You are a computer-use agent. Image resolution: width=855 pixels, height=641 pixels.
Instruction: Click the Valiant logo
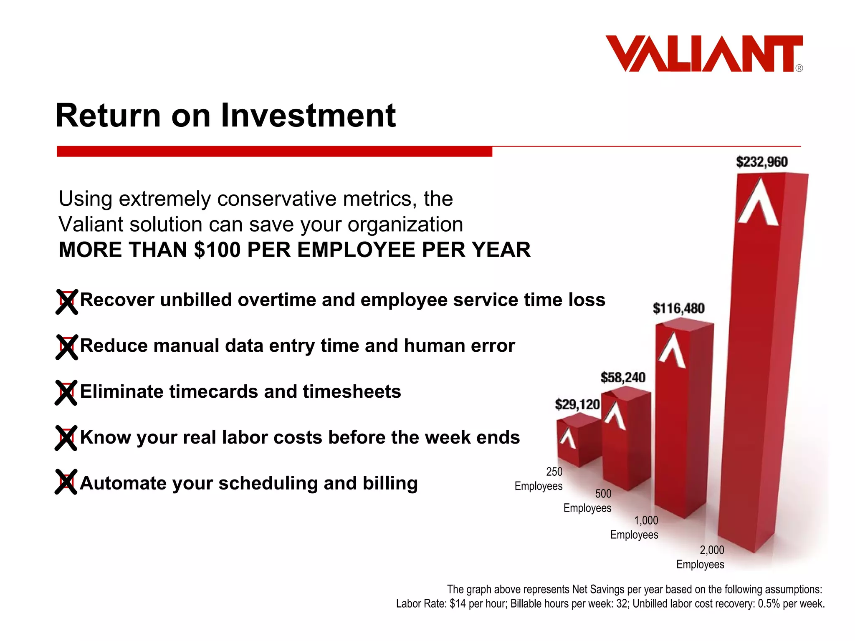tap(704, 54)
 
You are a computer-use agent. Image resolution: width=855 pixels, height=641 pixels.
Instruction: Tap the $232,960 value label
tap(761, 162)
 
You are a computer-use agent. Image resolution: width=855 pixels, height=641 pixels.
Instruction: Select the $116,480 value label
tap(678, 308)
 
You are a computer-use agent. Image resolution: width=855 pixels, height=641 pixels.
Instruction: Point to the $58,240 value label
tap(623, 378)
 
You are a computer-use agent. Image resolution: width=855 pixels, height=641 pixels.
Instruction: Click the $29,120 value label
tap(577, 404)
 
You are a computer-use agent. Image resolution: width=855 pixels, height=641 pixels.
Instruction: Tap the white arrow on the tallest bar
tap(758, 202)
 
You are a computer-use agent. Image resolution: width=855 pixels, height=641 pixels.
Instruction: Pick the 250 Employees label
tap(539, 479)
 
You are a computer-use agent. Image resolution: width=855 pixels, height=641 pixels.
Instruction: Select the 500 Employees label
tap(588, 501)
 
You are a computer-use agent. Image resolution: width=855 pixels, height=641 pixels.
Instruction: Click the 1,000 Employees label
tap(635, 527)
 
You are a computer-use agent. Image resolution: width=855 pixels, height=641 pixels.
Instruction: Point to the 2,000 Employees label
tap(701, 557)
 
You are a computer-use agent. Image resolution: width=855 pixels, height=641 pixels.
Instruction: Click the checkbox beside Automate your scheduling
tap(66, 482)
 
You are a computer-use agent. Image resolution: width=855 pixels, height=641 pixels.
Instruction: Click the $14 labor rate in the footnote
tap(458, 604)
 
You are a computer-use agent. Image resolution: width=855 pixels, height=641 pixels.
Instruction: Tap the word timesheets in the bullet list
tap(352, 392)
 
